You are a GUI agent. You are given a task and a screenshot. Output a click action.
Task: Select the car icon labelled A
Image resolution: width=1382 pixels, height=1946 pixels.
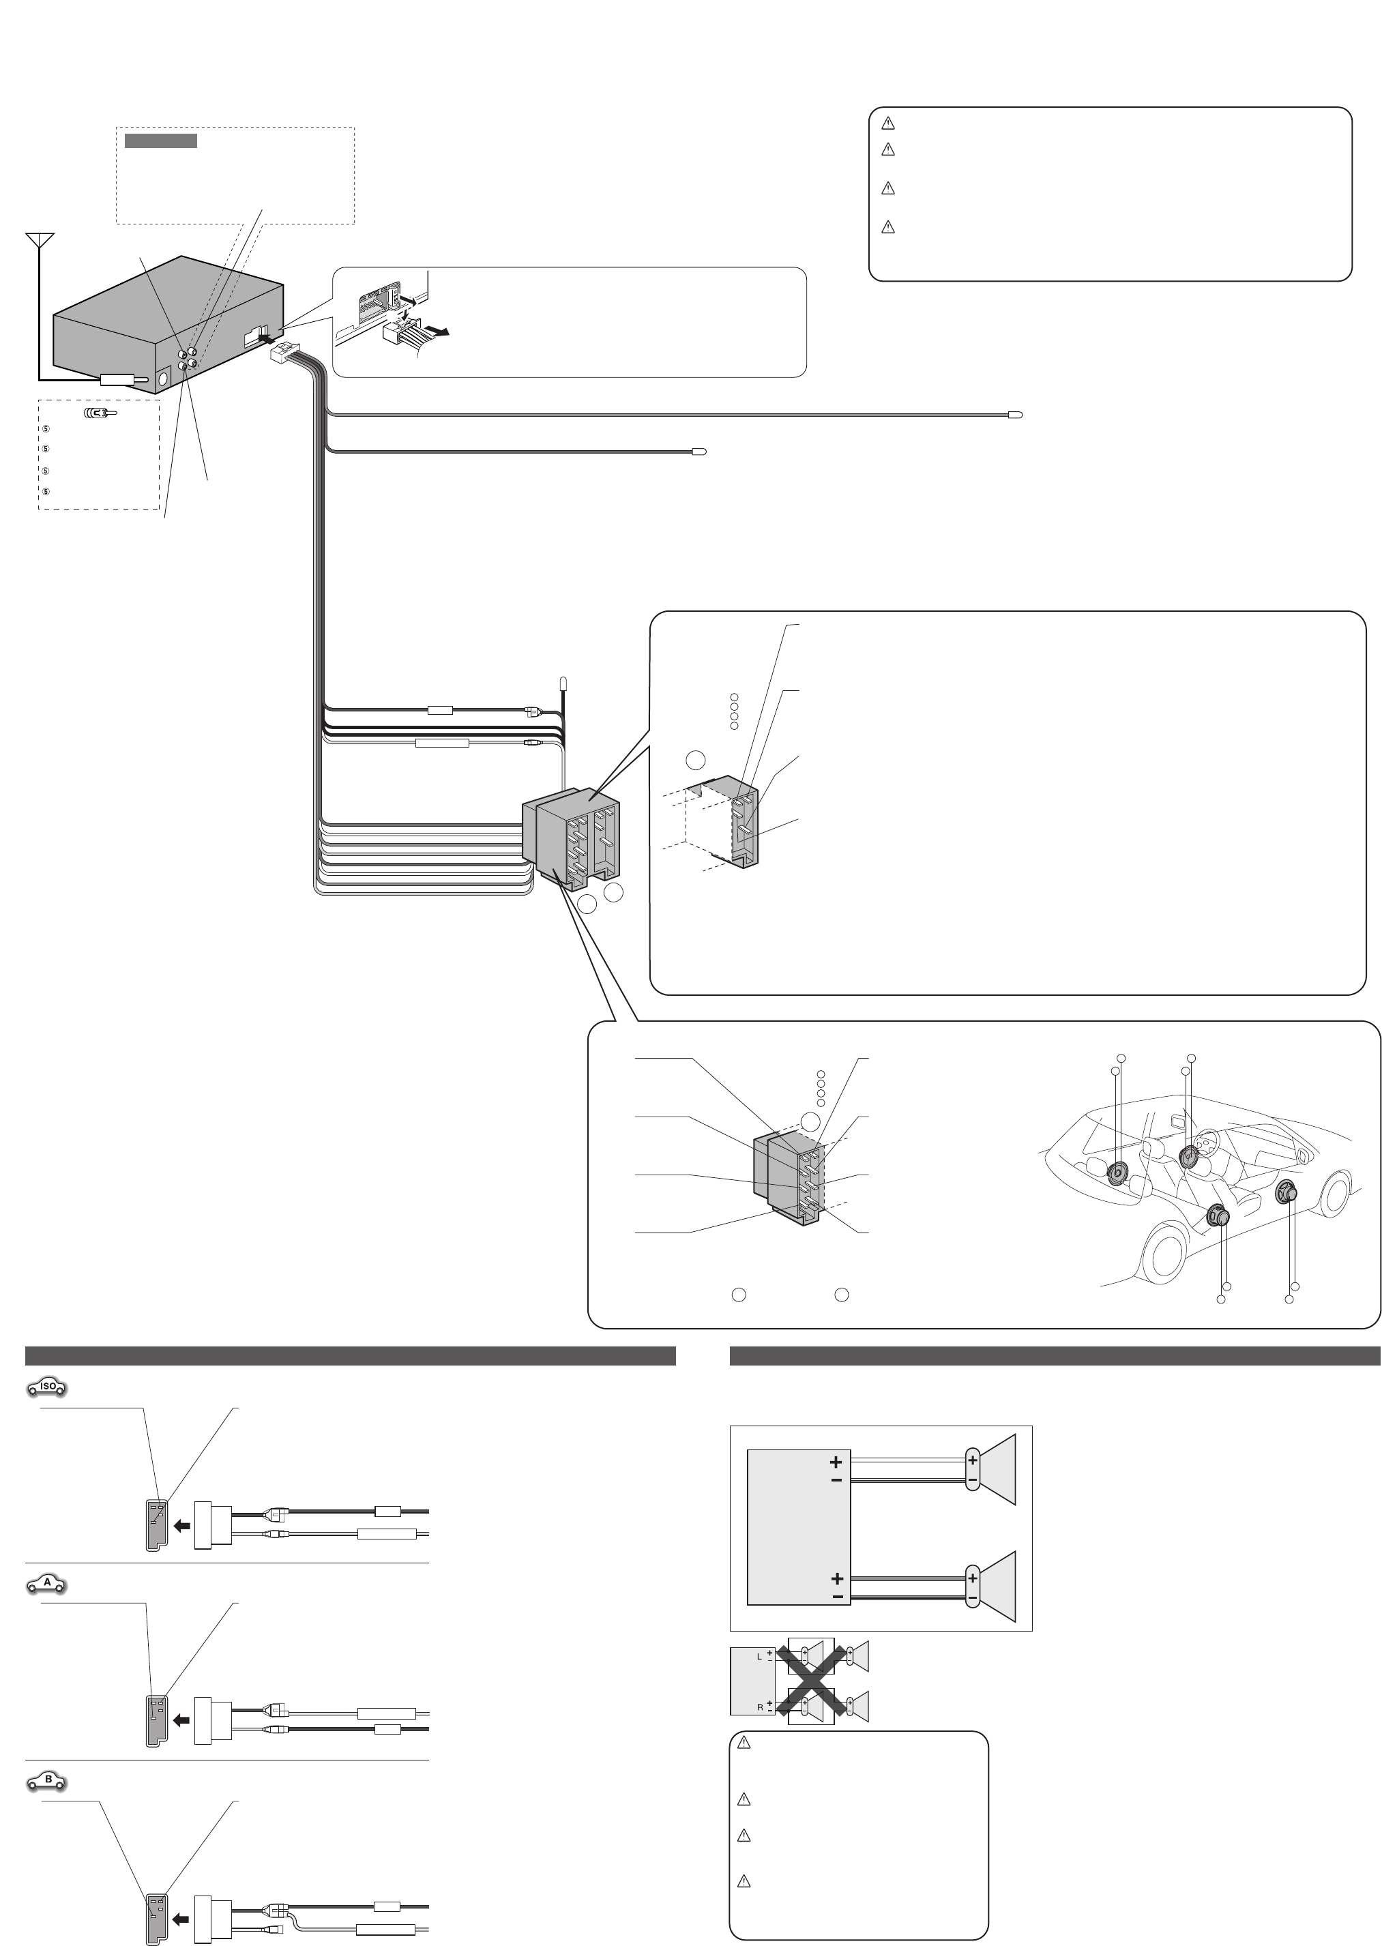48,1584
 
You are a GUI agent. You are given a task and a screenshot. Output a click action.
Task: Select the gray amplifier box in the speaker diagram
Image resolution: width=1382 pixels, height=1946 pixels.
799,1527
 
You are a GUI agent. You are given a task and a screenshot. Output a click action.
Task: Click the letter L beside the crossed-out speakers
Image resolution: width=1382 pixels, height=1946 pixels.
760,1657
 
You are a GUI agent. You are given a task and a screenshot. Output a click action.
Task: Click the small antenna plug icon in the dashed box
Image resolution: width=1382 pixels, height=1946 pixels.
100,413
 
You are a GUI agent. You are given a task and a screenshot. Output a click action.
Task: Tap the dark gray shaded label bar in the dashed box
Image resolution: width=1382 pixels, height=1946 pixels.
161,141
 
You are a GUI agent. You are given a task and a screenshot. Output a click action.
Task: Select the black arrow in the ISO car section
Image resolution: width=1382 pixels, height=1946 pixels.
181,1527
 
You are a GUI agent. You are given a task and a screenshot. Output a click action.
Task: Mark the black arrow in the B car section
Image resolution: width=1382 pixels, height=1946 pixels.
181,1919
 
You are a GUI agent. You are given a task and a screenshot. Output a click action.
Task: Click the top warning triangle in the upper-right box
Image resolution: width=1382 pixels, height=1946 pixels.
887,123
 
